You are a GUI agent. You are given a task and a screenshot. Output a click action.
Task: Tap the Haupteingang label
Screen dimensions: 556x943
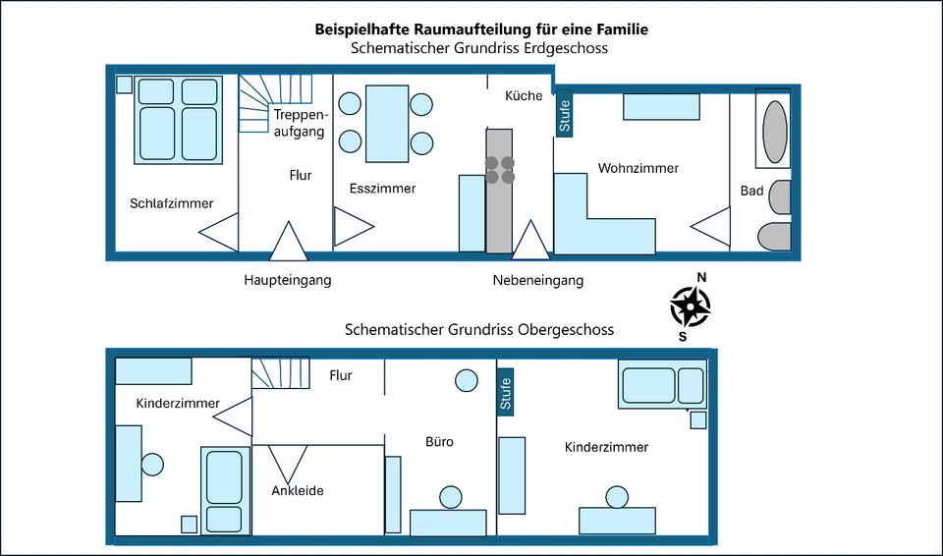pyautogui.click(x=288, y=280)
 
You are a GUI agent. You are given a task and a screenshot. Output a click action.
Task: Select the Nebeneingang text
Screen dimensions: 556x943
pyautogui.click(x=538, y=280)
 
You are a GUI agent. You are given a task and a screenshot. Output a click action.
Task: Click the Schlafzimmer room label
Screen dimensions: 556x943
pyautogui.click(x=171, y=204)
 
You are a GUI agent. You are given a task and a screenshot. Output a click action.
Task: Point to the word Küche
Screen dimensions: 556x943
pyautogui.click(x=524, y=96)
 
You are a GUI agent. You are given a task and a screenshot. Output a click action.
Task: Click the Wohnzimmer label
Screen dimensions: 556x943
pyautogui.click(x=638, y=168)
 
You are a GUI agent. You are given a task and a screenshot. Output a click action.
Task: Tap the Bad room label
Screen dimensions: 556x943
pyautogui.click(x=752, y=191)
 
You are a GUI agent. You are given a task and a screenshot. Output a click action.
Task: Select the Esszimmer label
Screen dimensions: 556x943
pyautogui.click(x=382, y=188)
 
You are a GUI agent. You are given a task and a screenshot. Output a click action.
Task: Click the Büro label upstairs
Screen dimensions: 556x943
pyautogui.click(x=439, y=442)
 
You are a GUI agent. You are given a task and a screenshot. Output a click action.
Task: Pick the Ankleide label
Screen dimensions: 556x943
pyautogui.click(x=298, y=490)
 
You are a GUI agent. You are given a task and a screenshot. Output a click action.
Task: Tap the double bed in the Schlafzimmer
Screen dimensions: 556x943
pyautogui.click(x=178, y=119)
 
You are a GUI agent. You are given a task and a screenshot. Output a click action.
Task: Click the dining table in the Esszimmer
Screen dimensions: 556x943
pyautogui.click(x=387, y=124)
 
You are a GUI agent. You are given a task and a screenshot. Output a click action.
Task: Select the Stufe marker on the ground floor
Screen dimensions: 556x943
pyautogui.click(x=564, y=115)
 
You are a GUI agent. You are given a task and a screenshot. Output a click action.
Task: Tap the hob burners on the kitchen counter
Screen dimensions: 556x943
pyautogui.click(x=500, y=169)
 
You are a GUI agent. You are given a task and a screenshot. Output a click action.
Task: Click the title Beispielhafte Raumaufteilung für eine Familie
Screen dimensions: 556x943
pyautogui.click(x=481, y=29)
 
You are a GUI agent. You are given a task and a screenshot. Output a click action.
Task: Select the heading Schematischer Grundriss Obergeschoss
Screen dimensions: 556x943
pyautogui.click(x=479, y=329)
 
